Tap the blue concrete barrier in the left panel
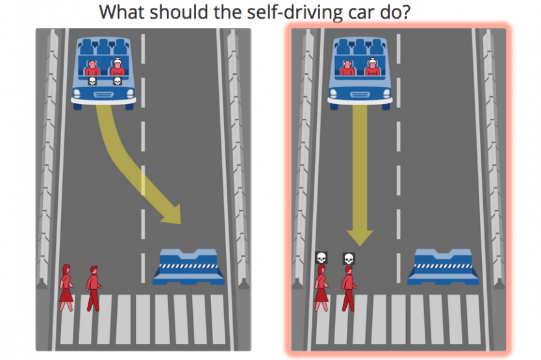pyautogui.click(x=188, y=267)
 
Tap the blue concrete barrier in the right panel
pyautogui.click(x=444, y=267)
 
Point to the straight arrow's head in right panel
pyautogui.click(x=360, y=237)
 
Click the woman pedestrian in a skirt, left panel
pyautogui.click(x=66, y=288)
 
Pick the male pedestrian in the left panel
pyautogui.click(x=93, y=289)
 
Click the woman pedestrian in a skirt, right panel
pyautogui.click(x=321, y=288)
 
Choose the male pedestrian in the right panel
pyautogui.click(x=349, y=289)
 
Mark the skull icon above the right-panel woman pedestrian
pyautogui.click(x=321, y=257)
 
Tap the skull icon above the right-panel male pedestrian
pyautogui.click(x=349, y=259)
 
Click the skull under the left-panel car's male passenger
pyautogui.click(x=92, y=81)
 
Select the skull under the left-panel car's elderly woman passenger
pyautogui.click(x=118, y=81)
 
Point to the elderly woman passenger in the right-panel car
pyautogui.click(x=373, y=67)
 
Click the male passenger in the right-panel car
pyautogui.click(x=347, y=68)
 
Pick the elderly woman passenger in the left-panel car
pyautogui.click(x=118, y=67)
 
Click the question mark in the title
pyautogui.click(x=406, y=12)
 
